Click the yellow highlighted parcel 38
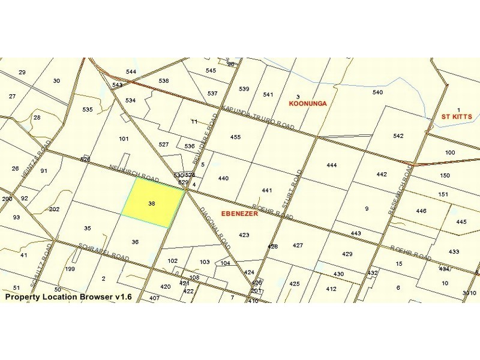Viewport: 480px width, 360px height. coord(152,203)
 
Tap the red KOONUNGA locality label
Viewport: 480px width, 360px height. coord(307,103)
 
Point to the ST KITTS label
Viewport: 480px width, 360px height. coord(457,116)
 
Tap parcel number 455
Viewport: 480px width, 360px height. coord(235,137)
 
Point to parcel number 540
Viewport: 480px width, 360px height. coord(377,92)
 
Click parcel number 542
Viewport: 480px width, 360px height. coord(398,136)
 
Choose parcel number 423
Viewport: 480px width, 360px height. coord(244,235)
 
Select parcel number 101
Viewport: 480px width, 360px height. coord(124,139)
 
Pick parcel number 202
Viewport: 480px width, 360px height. coord(55,209)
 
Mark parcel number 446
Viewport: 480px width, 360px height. coord(421,211)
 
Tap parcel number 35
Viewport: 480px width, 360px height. coord(87,229)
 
